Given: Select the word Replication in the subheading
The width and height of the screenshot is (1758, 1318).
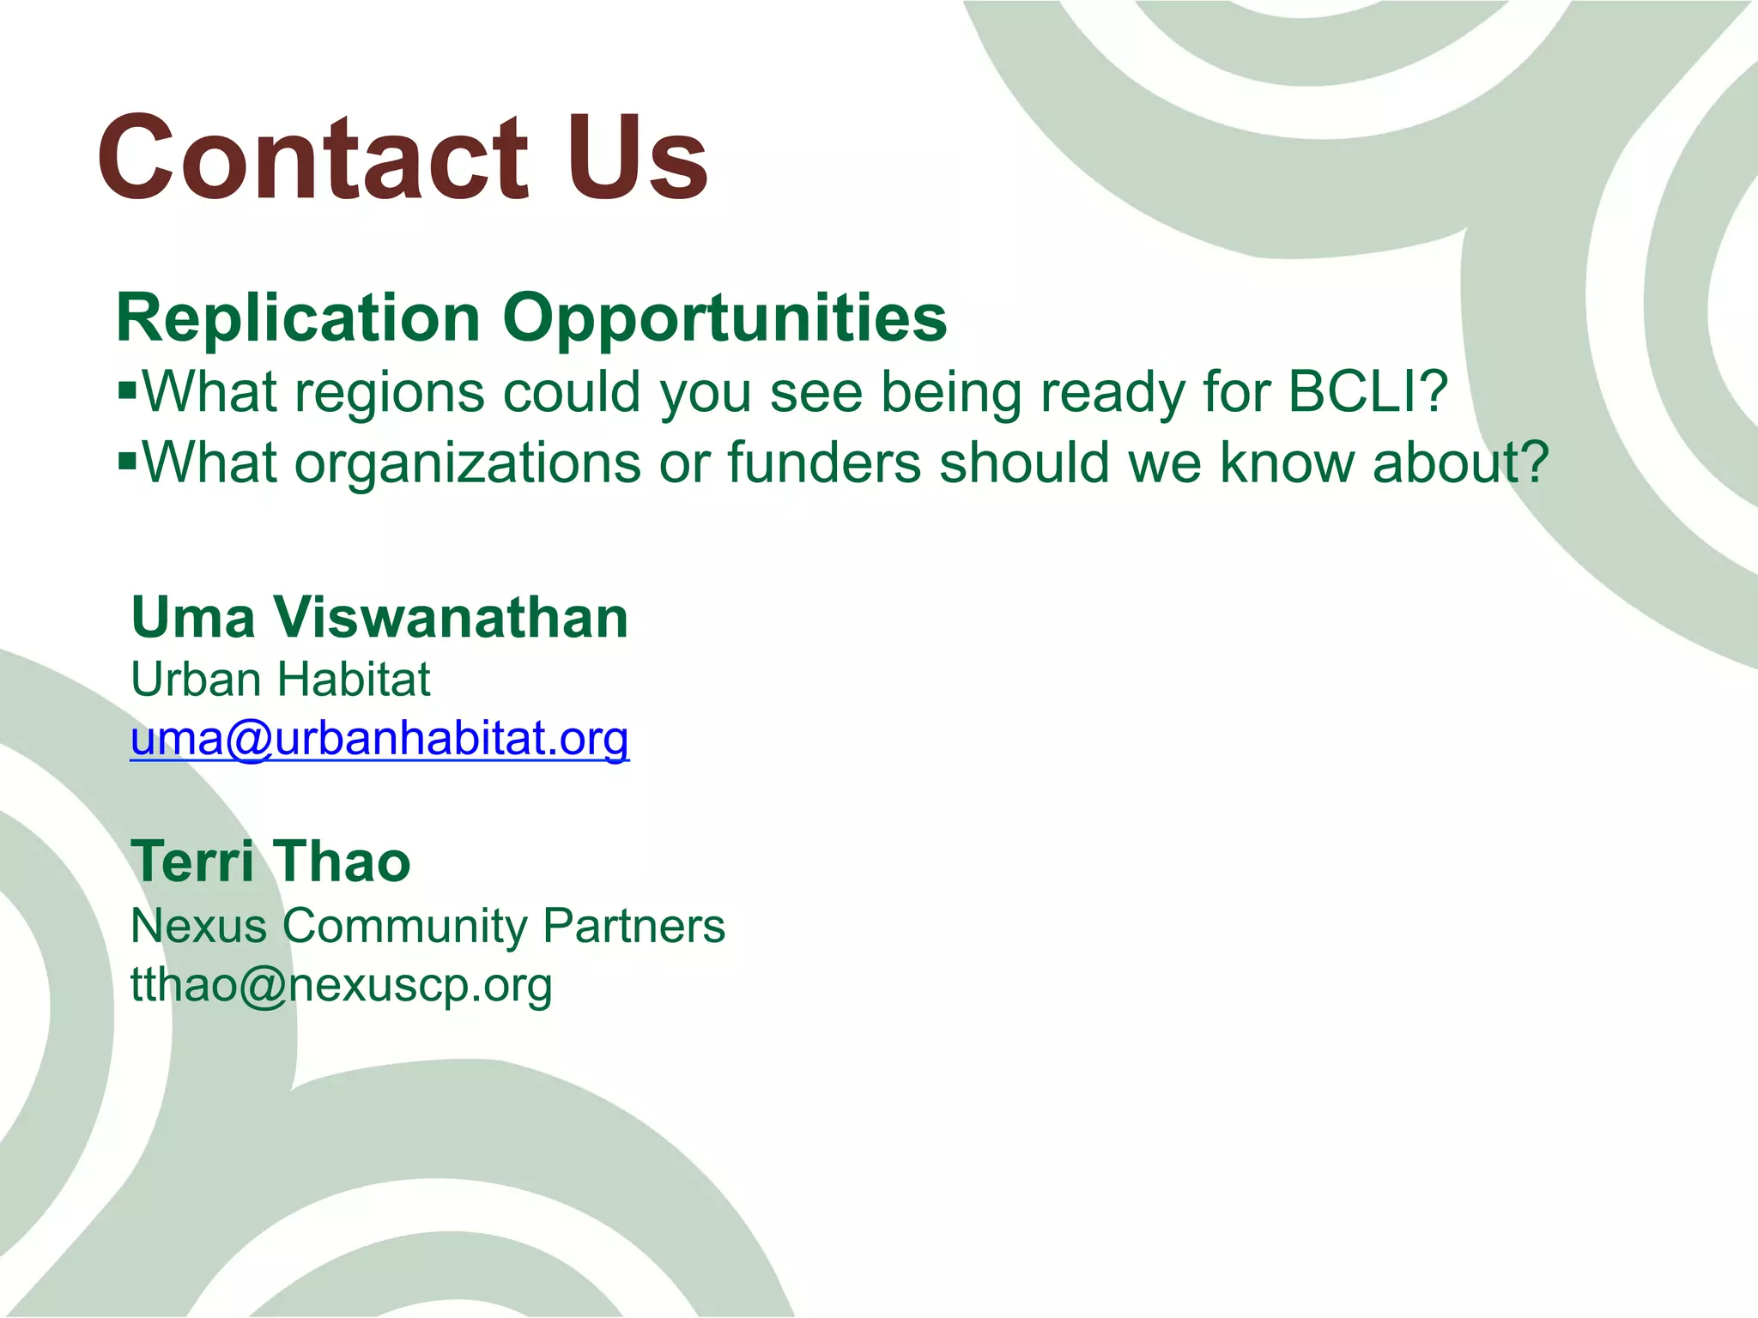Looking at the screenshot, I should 297,317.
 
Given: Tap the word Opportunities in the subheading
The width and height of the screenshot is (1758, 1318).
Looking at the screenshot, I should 724,317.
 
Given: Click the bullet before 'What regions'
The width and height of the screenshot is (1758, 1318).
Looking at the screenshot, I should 127,391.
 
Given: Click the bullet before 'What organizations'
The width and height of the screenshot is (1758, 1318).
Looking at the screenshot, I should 127,463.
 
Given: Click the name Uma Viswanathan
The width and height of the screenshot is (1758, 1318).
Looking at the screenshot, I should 379,617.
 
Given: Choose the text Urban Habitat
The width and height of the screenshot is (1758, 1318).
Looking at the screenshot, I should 280,680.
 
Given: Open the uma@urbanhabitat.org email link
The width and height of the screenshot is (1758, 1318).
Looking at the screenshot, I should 379,739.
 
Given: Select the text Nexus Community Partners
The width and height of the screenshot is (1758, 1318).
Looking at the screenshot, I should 427,926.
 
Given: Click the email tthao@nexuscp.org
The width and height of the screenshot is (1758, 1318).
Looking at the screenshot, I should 341,985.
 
